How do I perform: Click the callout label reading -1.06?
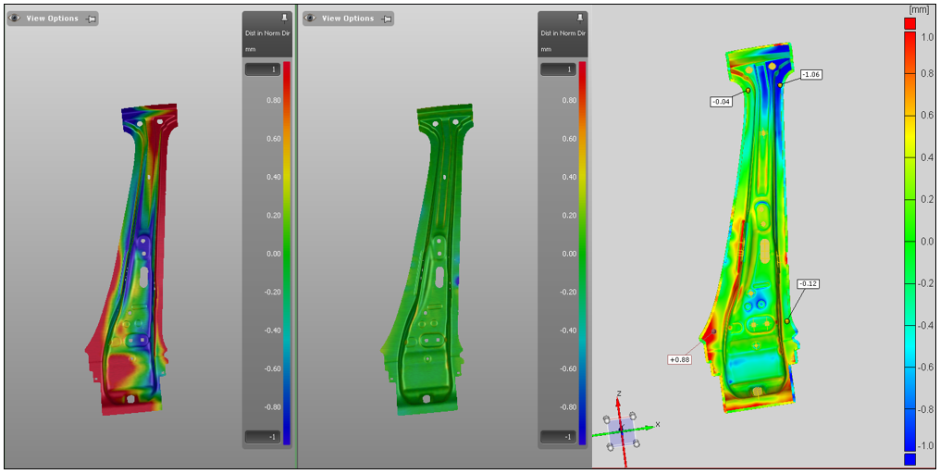tap(811, 74)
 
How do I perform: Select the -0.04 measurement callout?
tap(721, 102)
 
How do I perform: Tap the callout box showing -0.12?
tap(808, 283)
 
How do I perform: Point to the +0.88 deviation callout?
tap(678, 359)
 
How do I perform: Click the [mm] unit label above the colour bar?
tap(919, 9)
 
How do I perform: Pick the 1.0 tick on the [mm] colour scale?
tap(927, 37)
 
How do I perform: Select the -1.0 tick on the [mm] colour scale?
tap(925, 445)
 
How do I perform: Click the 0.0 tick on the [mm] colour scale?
tap(927, 242)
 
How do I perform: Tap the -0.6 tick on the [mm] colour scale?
tap(925, 368)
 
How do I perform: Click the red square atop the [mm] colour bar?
tap(909, 23)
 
